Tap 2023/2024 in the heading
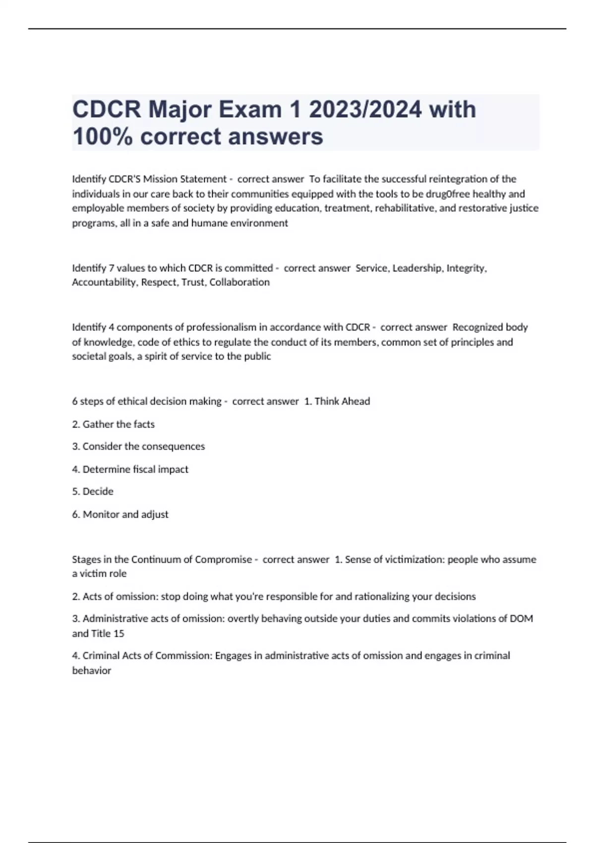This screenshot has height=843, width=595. click(x=365, y=110)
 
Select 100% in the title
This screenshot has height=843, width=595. click(x=103, y=136)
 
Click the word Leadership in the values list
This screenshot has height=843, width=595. click(x=416, y=268)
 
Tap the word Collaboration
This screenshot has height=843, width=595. click(x=239, y=282)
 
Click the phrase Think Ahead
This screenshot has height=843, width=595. click(x=342, y=401)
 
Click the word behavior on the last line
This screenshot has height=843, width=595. click(x=92, y=670)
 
